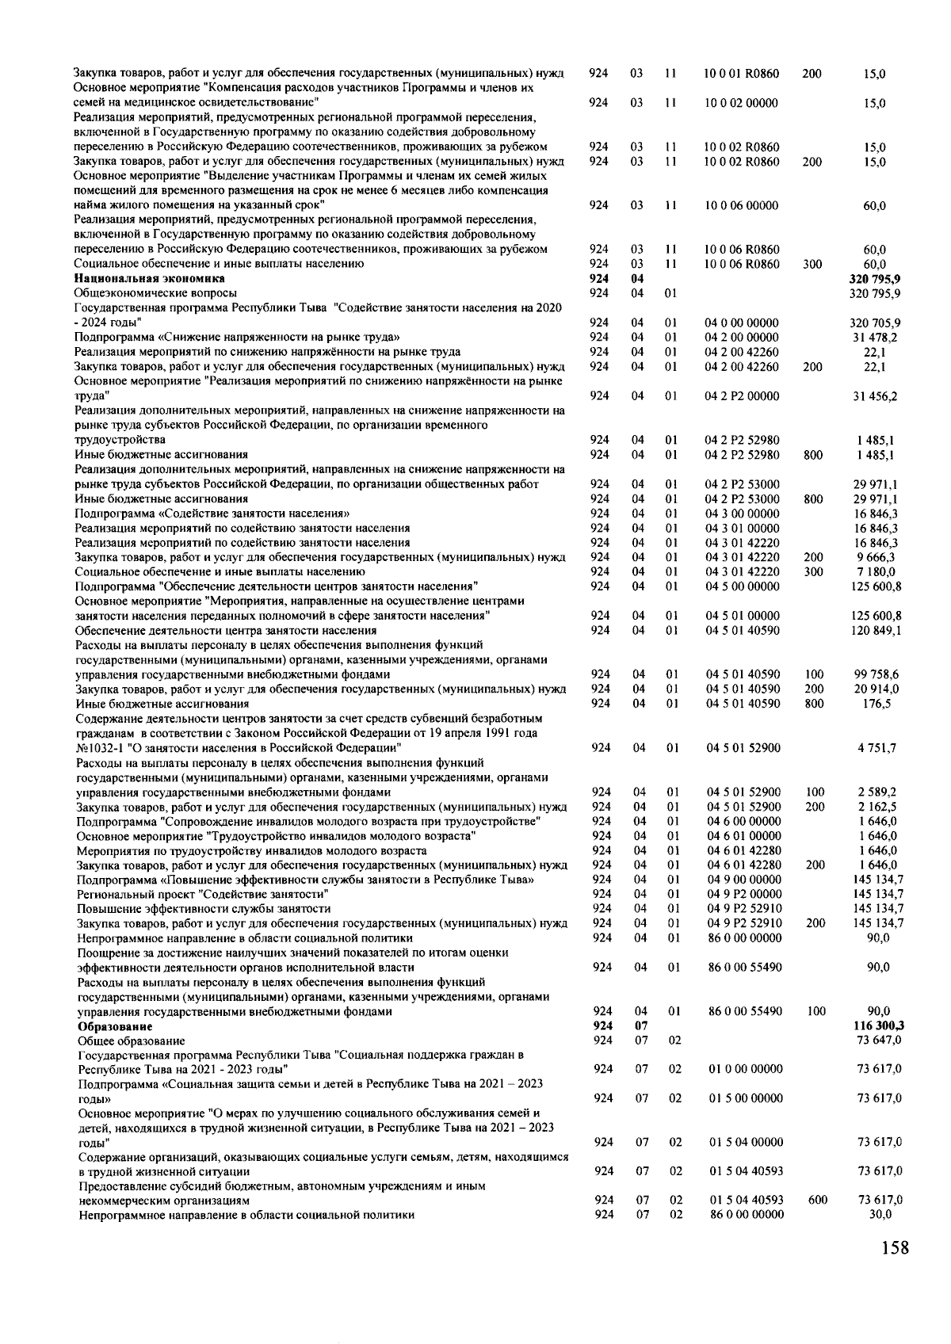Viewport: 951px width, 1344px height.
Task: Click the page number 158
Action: tap(894, 1248)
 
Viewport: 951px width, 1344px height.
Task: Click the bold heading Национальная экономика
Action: tap(150, 279)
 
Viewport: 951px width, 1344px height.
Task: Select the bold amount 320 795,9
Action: tap(874, 279)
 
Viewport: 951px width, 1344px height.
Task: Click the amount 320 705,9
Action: tap(874, 323)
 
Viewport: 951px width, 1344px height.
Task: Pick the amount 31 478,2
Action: tap(874, 338)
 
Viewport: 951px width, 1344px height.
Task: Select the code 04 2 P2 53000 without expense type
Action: tap(742, 484)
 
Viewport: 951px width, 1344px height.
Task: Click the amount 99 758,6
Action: tap(877, 674)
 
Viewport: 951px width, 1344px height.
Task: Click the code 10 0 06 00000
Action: tap(741, 206)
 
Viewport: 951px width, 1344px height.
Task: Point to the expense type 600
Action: tap(817, 1200)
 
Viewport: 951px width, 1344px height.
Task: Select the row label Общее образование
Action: tap(132, 1040)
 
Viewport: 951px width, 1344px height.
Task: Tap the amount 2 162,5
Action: tap(877, 807)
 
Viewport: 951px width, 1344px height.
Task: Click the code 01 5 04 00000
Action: tap(746, 1142)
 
